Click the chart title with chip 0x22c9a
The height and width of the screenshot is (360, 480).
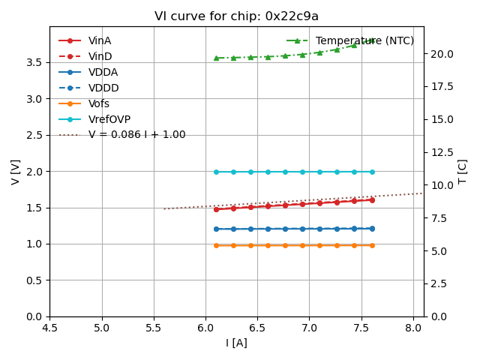(x=236, y=16)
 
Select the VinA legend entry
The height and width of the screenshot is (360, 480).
(x=100, y=40)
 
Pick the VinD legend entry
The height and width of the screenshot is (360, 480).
(x=100, y=56)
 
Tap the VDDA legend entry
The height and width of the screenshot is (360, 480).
(x=103, y=72)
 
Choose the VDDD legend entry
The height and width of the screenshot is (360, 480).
(x=103, y=88)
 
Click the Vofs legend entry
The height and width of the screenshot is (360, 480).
(x=99, y=103)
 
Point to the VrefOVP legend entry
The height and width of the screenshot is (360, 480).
(x=109, y=119)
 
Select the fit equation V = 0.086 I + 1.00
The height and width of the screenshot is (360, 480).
(x=136, y=135)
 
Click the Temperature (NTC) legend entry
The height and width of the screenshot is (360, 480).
(x=364, y=40)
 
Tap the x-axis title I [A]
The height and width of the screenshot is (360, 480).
(x=236, y=343)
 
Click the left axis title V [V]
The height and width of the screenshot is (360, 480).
(x=16, y=171)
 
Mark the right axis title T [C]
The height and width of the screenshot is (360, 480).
(x=463, y=171)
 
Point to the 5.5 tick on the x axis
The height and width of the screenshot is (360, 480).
(x=154, y=328)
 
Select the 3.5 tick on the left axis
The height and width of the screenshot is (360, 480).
(x=34, y=62)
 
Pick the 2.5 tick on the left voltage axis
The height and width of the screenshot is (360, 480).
(x=34, y=135)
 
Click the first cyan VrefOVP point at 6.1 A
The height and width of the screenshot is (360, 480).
(x=216, y=172)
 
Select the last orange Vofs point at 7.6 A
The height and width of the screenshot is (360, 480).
(x=372, y=245)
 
